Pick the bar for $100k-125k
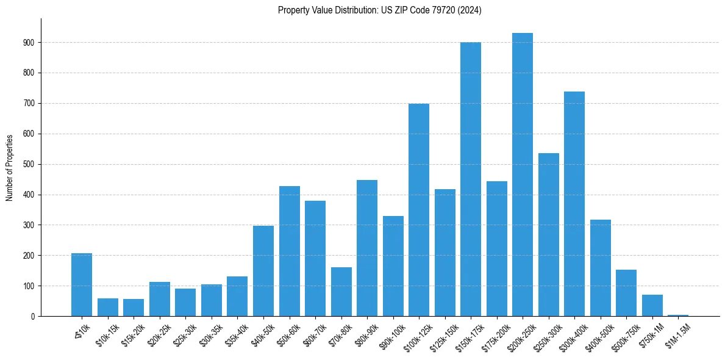pyautogui.click(x=419, y=210)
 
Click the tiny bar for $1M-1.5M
pyautogui.click(x=678, y=315)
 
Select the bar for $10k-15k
pyautogui.click(x=107, y=307)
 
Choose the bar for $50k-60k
pyautogui.click(x=289, y=251)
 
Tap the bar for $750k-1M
pyautogui.click(x=652, y=305)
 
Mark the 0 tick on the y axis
pyautogui.click(x=33, y=316)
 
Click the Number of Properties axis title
pyautogui.click(x=9, y=168)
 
